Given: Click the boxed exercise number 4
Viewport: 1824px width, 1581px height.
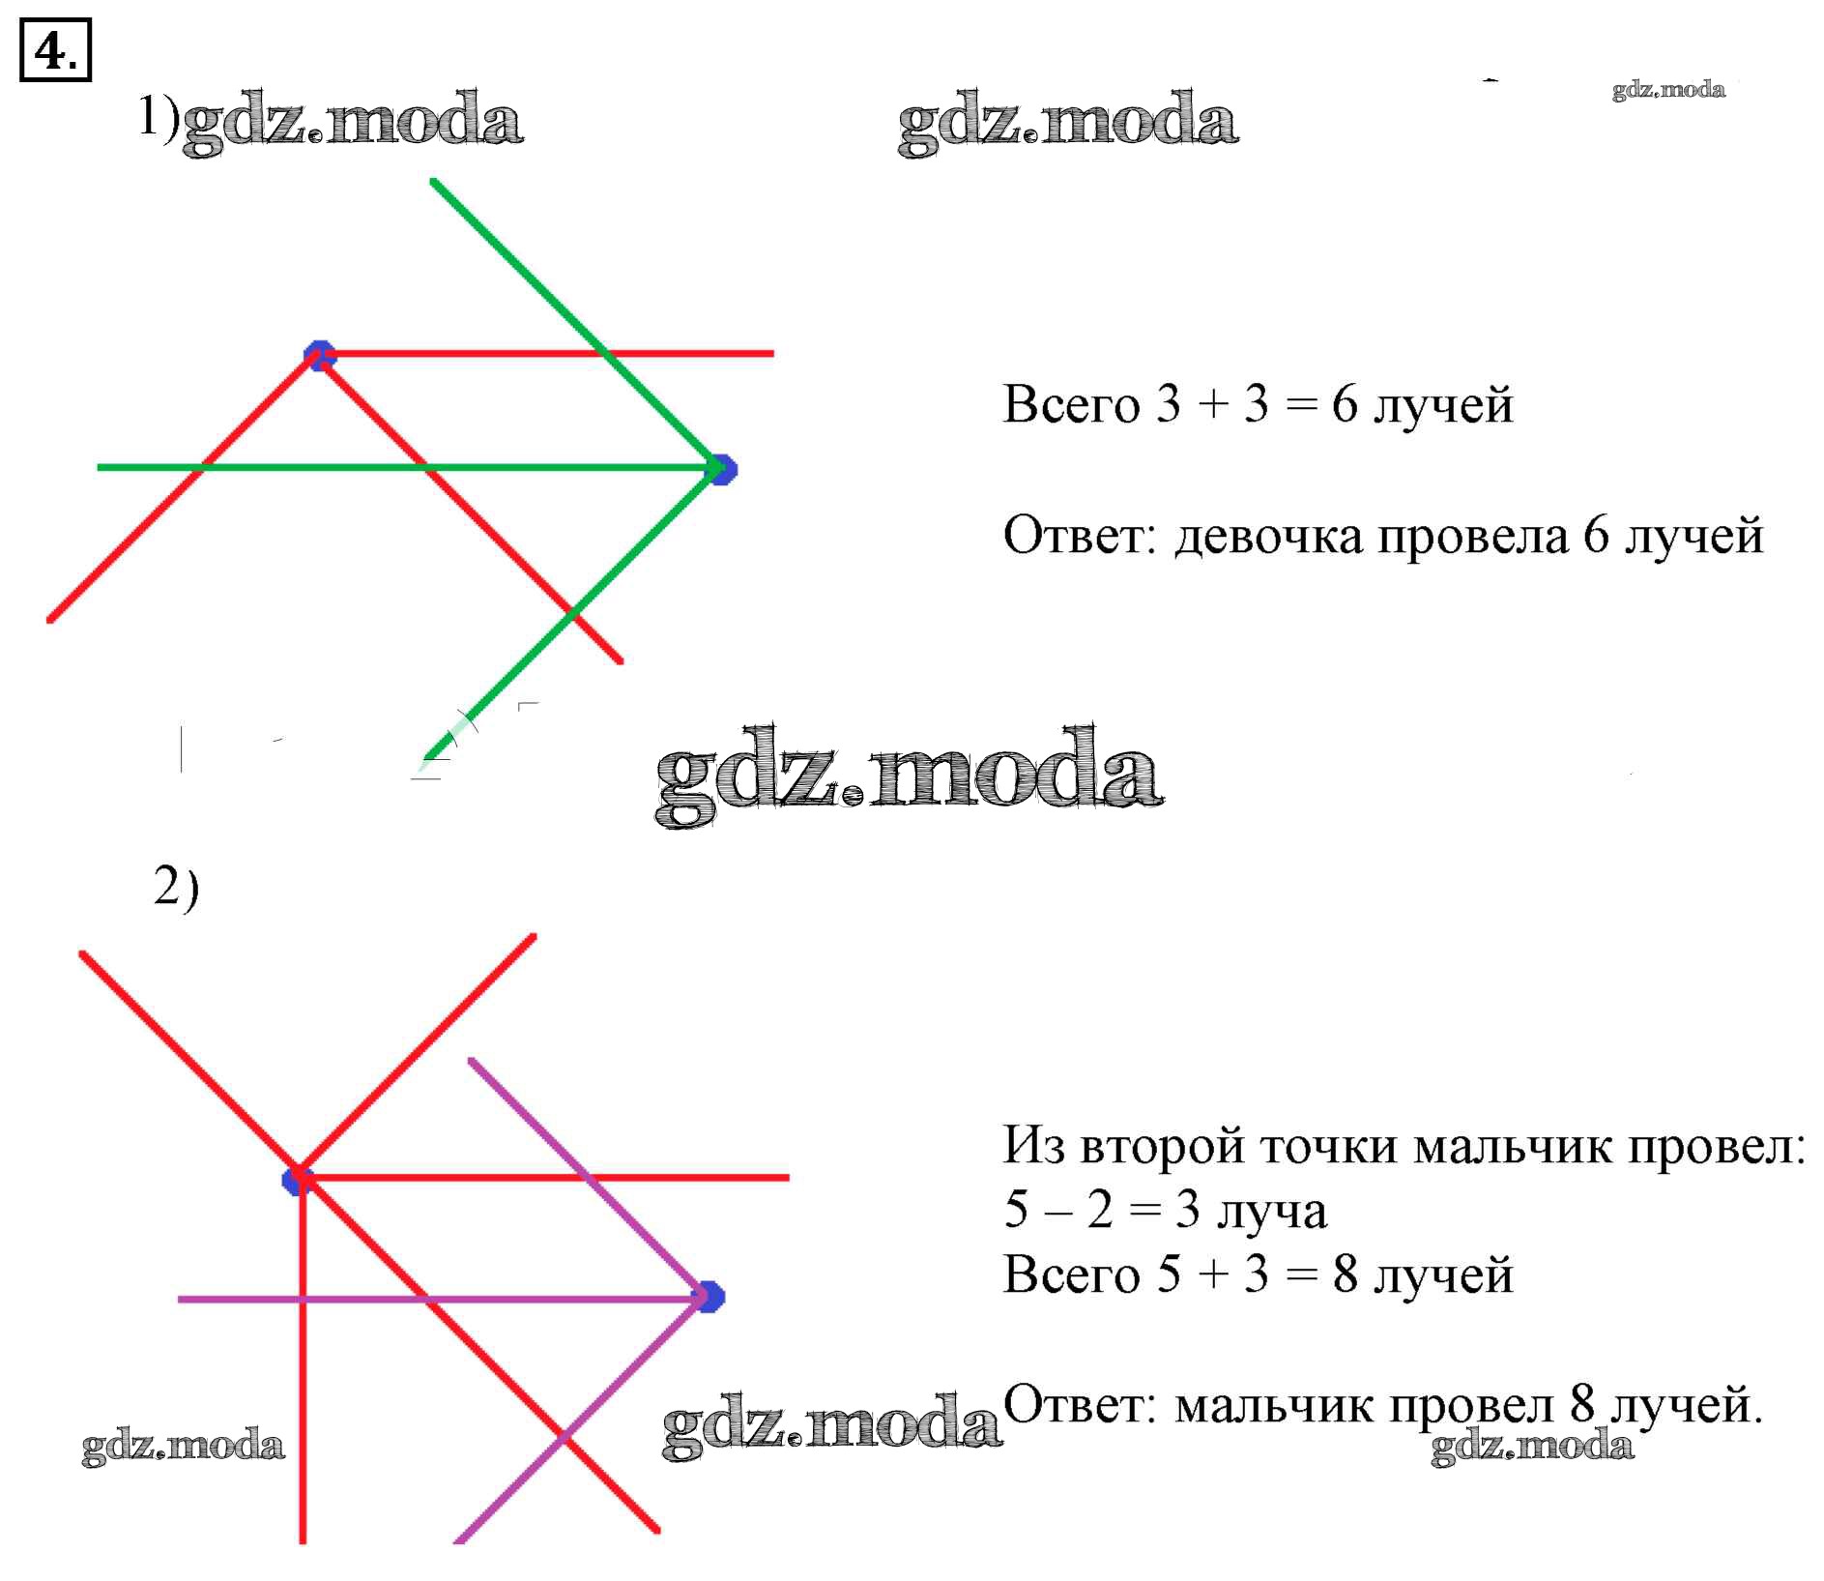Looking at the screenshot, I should point(55,49).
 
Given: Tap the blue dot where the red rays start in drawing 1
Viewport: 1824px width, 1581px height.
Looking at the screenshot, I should point(319,355).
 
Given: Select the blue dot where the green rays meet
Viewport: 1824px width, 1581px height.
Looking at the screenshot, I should point(721,469).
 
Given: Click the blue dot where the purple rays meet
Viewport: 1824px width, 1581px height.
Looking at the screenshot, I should point(709,1297).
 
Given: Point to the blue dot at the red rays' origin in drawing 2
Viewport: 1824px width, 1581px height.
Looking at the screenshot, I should point(297,1180).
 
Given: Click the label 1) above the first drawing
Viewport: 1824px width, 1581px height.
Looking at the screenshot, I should point(158,117).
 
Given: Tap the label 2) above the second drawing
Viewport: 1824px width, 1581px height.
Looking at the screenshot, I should point(176,887).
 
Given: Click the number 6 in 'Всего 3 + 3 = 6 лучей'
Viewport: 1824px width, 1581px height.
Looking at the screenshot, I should point(1345,403).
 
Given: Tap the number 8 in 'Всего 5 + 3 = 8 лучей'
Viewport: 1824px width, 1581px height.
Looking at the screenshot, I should point(1345,1274).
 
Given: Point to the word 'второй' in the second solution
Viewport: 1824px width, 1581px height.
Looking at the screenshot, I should point(1161,1147).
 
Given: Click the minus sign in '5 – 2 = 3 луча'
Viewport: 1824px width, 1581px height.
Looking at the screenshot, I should point(1057,1211).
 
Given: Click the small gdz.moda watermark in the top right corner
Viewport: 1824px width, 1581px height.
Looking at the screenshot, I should point(1667,90).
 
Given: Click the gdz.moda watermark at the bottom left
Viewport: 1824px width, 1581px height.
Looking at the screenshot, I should point(184,1446).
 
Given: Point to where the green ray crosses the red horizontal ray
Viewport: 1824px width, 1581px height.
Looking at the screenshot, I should point(603,354).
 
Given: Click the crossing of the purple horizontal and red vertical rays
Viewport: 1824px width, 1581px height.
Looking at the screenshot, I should point(303,1299).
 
